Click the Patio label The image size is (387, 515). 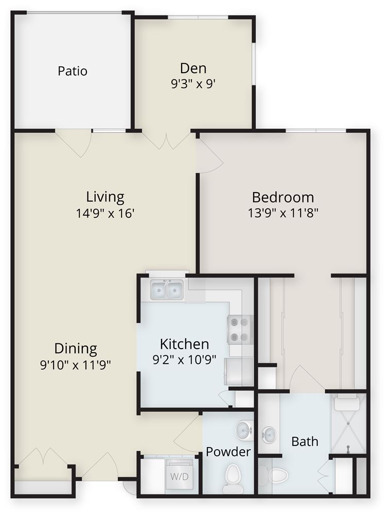click(x=73, y=71)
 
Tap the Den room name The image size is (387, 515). click(x=193, y=68)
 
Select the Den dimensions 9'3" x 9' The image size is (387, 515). click(x=193, y=84)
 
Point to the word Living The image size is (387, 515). click(x=105, y=197)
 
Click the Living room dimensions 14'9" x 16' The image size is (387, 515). click(x=105, y=213)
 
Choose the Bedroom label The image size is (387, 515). click(x=283, y=197)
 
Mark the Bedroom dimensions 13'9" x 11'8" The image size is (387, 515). click(x=283, y=213)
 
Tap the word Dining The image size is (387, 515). click(x=76, y=349)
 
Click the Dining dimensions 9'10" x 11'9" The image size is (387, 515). click(x=76, y=365)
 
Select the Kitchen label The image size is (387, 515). click(x=184, y=344)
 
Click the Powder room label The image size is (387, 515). click(x=228, y=452)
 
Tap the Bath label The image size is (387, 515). click(x=305, y=441)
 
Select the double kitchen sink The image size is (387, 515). click(x=167, y=289)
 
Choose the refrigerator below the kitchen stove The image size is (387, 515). click(x=239, y=371)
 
